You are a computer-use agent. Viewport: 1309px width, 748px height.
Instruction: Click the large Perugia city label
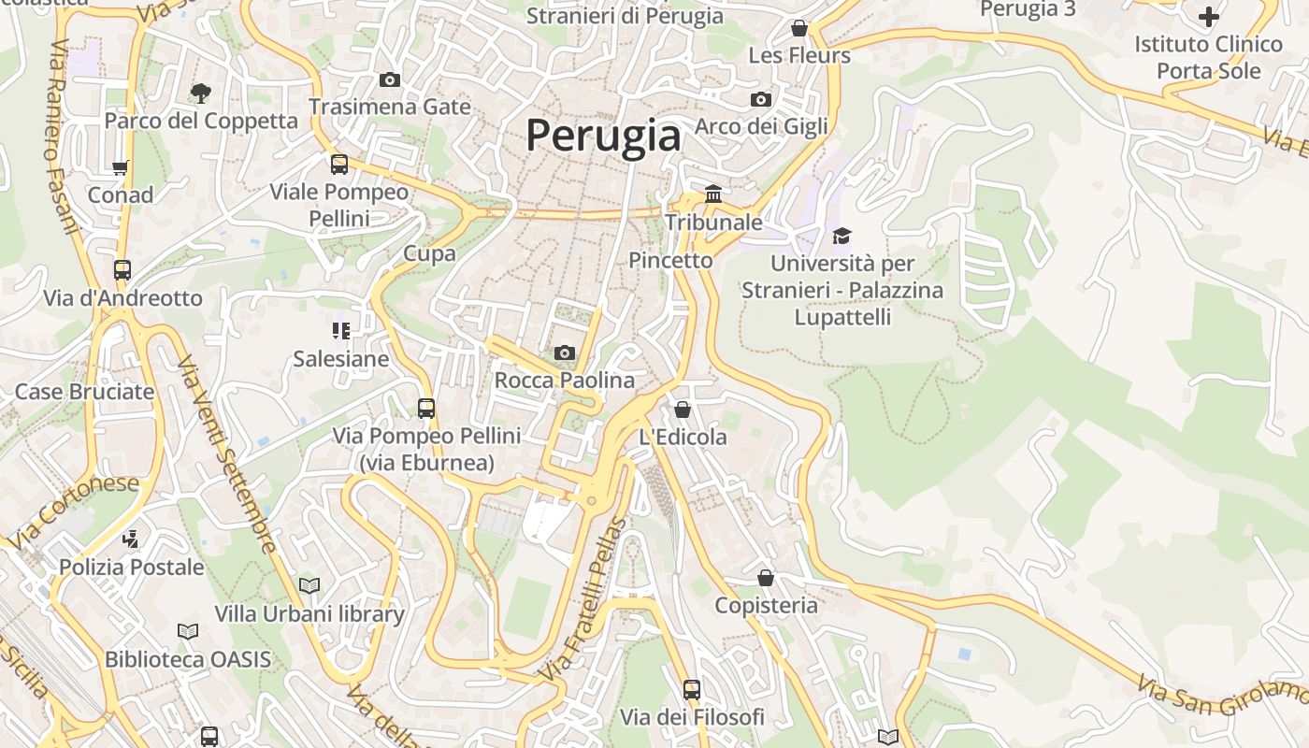603,136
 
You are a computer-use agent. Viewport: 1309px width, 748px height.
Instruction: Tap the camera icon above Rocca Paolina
564,352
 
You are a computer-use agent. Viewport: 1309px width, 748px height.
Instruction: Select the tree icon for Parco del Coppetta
200,92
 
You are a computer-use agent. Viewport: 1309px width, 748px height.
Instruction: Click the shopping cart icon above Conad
120,168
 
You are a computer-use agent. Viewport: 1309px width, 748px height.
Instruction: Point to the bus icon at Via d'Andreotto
122,270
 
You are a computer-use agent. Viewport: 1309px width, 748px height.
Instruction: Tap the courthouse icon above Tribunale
713,194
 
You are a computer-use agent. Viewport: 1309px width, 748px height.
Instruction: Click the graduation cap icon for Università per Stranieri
841,236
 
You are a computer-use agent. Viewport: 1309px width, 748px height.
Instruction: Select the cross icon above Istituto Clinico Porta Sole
1208,17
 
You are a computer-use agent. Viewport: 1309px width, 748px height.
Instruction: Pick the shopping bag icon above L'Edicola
683,410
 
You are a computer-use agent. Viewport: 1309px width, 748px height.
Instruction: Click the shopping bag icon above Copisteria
766,578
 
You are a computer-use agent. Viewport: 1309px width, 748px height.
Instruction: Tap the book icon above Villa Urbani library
309,585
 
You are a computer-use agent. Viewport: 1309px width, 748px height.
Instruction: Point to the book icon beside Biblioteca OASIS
188,631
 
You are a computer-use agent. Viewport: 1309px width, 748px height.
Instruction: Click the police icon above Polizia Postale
131,539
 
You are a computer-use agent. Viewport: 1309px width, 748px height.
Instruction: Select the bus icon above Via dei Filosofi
692,690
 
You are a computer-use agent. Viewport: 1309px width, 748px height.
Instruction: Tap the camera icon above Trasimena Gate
390,79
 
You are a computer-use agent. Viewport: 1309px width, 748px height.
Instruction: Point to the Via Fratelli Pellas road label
580,598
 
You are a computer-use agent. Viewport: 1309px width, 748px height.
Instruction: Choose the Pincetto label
670,260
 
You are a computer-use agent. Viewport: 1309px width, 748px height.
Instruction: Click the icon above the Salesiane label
340,330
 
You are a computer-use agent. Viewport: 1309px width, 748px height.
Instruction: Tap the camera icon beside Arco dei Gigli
761,99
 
